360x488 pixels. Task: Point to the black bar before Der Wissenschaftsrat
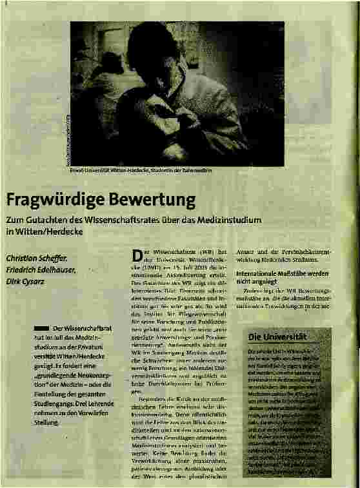41,330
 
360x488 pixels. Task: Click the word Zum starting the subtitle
15,219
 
